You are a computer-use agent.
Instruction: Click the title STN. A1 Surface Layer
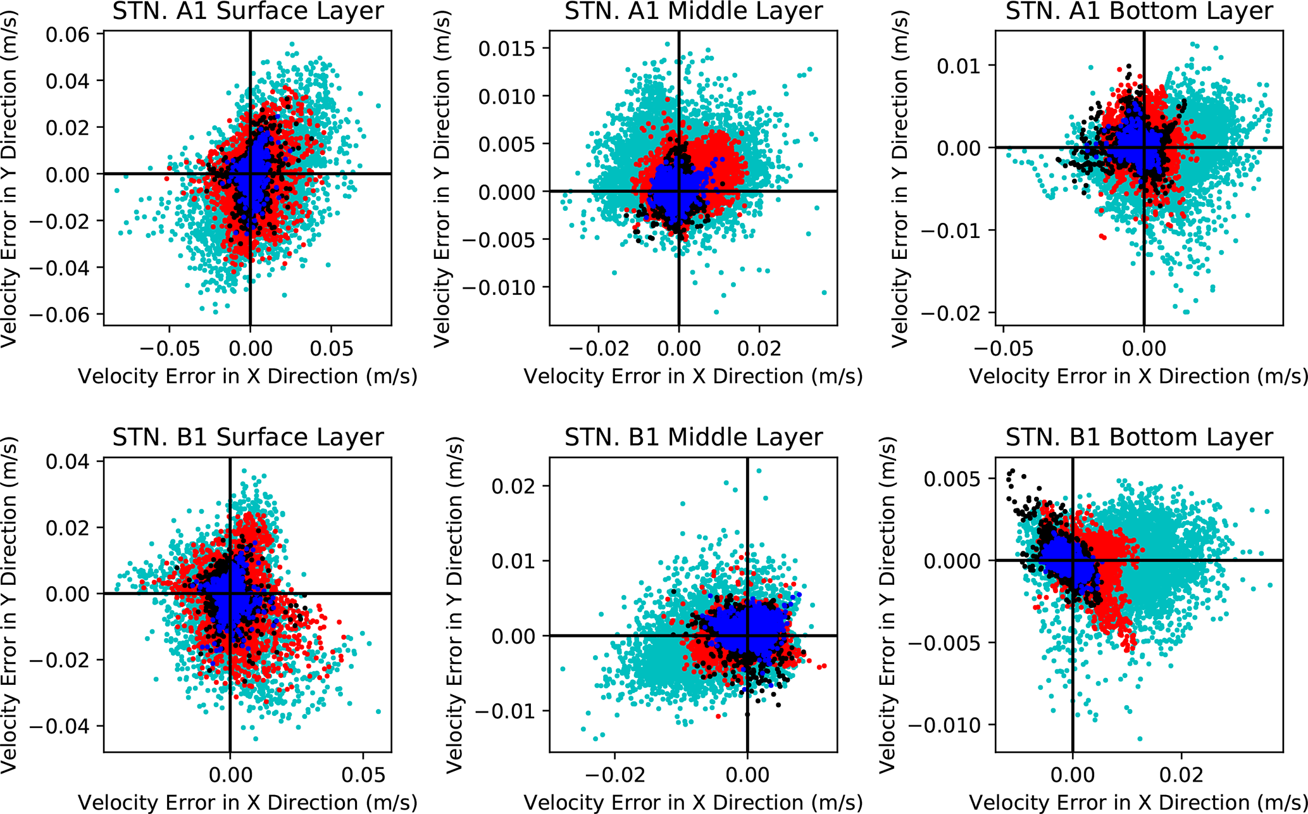(247, 11)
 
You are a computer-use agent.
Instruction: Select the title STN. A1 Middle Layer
(694, 11)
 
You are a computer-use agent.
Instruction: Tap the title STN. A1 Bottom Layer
(1139, 11)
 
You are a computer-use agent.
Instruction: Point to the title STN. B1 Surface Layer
(247, 437)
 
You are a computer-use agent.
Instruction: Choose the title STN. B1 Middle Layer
(694, 437)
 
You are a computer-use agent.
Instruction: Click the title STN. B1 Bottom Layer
(1139, 437)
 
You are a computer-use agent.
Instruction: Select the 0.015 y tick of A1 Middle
(506, 49)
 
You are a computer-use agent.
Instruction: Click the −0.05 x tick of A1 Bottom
(1003, 348)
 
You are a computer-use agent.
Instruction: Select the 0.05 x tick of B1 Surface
(363, 775)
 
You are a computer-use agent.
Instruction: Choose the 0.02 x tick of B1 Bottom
(1181, 775)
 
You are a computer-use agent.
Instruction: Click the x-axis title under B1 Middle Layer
(694, 803)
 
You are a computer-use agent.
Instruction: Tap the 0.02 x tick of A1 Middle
(759, 348)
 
